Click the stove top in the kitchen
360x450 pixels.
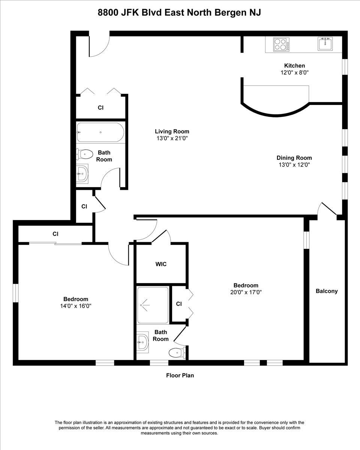281,45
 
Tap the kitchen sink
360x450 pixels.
325,44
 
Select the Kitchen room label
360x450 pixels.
294,66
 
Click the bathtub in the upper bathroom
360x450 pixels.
100,132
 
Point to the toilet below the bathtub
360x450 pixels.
85,154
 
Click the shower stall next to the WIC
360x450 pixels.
153,305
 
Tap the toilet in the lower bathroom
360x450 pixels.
177,352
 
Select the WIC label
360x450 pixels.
161,264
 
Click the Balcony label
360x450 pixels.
327,291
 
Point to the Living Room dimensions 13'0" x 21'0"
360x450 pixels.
172,138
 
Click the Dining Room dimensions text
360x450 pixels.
294,165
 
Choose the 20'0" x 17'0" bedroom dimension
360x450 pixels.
246,292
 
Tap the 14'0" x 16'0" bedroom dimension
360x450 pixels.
76,306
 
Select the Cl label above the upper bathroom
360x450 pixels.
100,108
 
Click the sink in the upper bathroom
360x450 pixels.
82,173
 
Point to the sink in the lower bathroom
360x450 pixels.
142,342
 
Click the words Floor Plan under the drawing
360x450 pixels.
180,375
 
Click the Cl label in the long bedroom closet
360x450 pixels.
55,234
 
